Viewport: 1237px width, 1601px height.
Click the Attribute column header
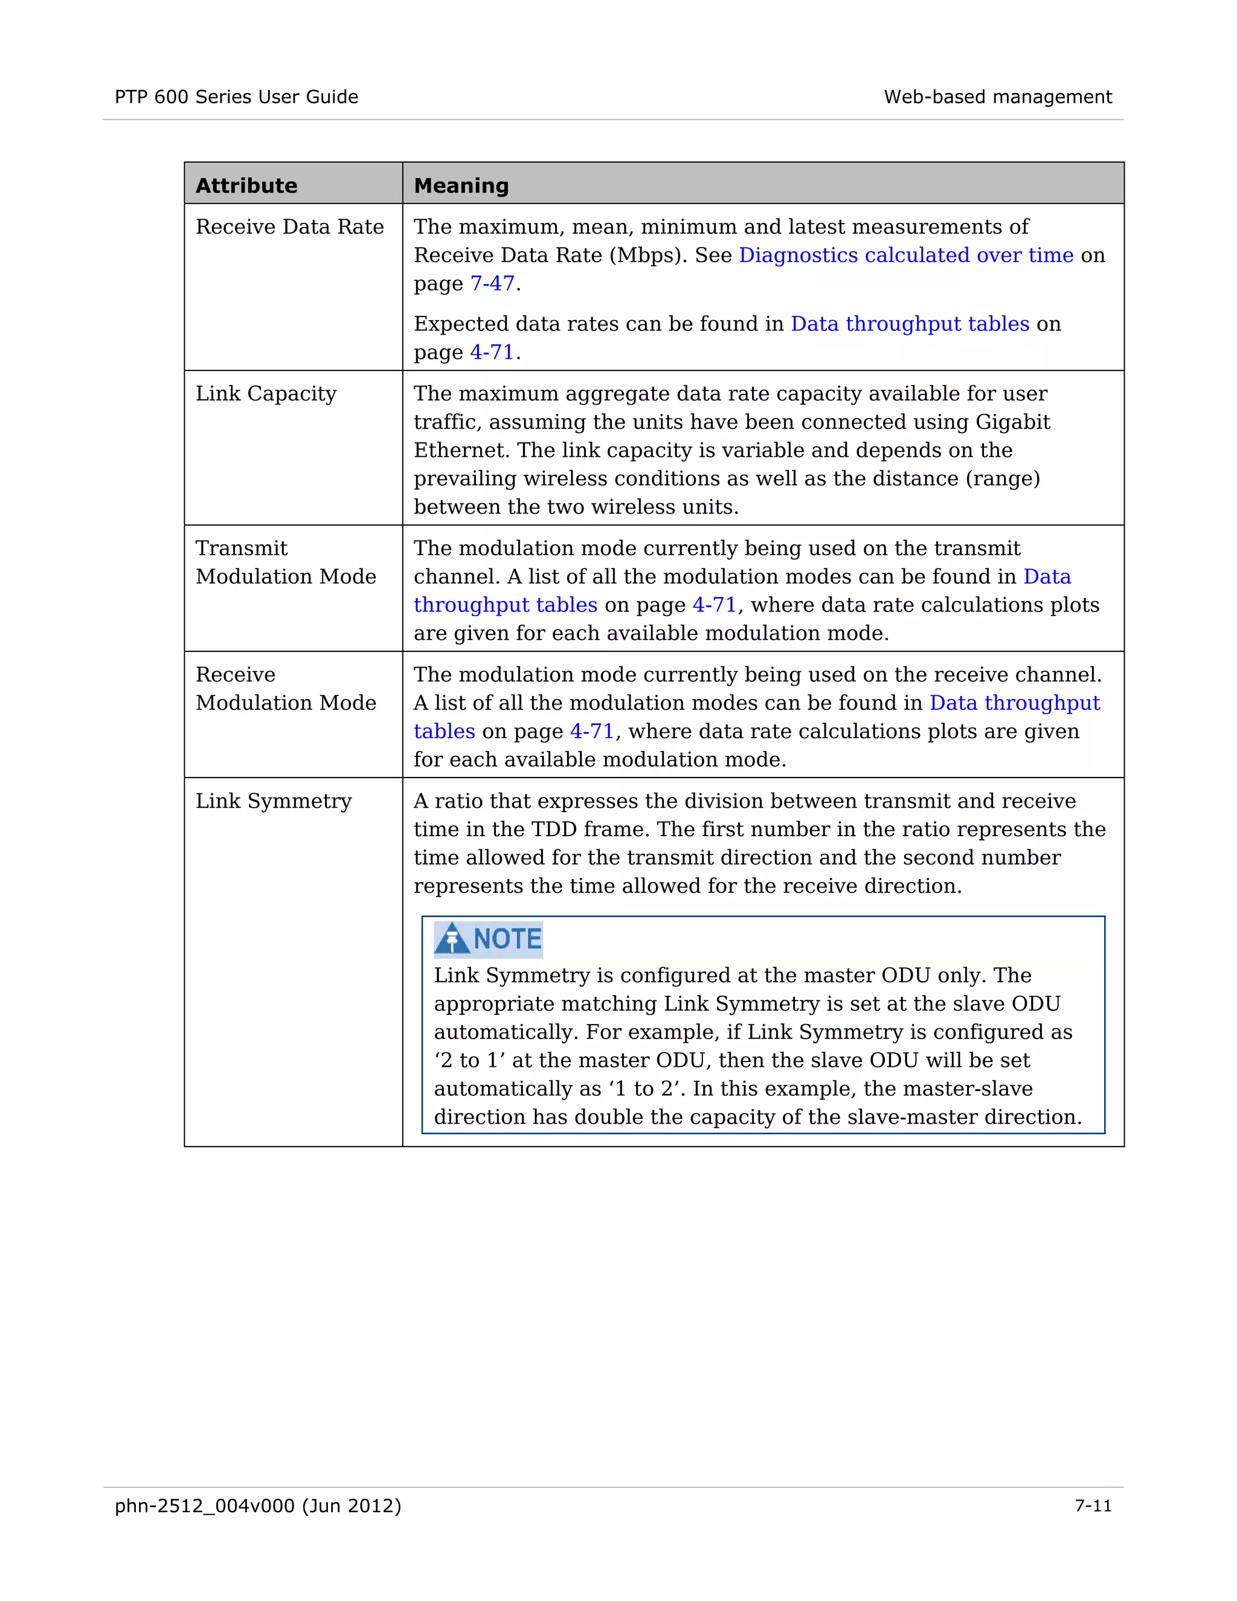pos(246,185)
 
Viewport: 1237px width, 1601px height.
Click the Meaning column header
pos(461,185)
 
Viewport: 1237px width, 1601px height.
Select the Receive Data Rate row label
pos(289,227)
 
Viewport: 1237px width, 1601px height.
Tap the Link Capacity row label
pos(266,394)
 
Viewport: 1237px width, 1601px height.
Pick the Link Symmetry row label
pos(274,800)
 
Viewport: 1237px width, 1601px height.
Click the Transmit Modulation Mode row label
pos(286,562)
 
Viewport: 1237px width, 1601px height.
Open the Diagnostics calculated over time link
pos(906,255)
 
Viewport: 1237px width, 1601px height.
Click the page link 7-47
pos(492,284)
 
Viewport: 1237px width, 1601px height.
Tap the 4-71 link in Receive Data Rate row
pos(492,353)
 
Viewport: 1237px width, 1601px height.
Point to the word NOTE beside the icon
pos(507,939)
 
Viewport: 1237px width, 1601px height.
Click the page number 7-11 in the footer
pos(1093,1506)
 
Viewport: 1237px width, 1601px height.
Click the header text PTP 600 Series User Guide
pos(236,97)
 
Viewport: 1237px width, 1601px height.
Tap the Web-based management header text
pos(997,97)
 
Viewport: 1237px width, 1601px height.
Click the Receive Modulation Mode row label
pos(286,688)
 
